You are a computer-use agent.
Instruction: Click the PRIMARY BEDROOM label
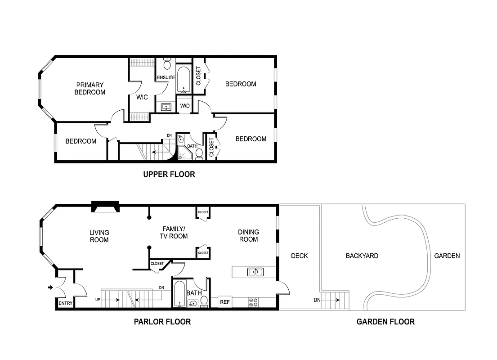(90, 89)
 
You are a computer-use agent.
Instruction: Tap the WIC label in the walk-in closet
(142, 97)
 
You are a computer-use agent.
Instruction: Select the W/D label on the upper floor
(184, 106)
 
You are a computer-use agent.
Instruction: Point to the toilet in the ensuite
(167, 64)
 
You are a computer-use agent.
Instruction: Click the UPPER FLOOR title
(169, 174)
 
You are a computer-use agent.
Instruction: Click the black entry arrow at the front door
(50, 287)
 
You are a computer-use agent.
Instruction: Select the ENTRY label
(66, 303)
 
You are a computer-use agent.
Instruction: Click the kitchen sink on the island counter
(255, 272)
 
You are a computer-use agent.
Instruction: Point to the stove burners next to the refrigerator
(253, 302)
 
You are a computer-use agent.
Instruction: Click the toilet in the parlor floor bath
(204, 301)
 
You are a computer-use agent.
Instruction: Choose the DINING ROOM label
(249, 236)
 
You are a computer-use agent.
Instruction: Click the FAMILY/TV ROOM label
(174, 233)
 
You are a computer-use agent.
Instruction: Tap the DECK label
(299, 256)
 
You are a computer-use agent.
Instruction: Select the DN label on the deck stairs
(317, 300)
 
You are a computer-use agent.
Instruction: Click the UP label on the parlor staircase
(98, 299)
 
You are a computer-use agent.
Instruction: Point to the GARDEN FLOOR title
(385, 322)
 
